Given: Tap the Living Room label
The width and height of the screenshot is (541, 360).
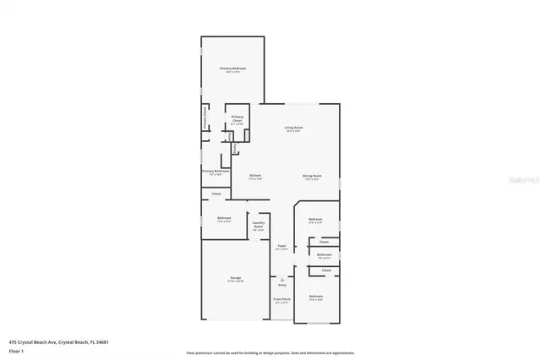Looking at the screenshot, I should click(x=294, y=128).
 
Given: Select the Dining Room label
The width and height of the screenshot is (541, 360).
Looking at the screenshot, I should click(x=312, y=176).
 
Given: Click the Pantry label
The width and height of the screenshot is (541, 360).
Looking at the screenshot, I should click(x=234, y=147).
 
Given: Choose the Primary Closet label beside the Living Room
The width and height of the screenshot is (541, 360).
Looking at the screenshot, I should click(x=238, y=119).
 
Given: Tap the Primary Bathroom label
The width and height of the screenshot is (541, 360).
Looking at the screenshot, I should click(x=216, y=171).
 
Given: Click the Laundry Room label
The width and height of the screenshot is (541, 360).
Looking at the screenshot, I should click(x=259, y=225).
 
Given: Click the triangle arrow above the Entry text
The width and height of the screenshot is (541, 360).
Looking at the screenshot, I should click(x=281, y=278).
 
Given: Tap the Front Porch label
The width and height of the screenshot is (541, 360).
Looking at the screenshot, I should click(x=281, y=300).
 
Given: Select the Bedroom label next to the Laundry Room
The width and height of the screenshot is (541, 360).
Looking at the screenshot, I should click(x=224, y=218).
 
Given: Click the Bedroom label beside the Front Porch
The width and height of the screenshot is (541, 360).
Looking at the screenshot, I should click(x=315, y=296).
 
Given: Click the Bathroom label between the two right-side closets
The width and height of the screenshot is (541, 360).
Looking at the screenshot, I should click(x=324, y=254).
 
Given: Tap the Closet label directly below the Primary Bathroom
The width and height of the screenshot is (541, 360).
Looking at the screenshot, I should click(x=216, y=194).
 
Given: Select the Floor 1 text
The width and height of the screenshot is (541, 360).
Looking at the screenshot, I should click(x=15, y=350).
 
